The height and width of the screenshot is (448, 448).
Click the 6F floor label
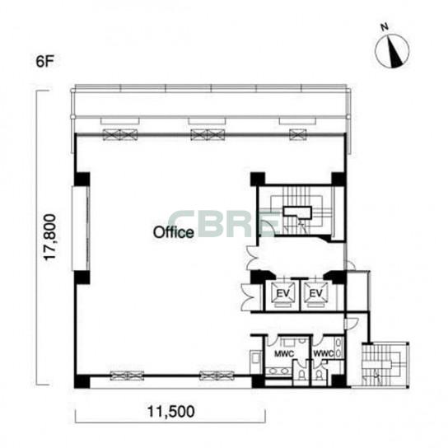44,61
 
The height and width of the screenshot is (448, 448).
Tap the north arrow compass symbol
392,51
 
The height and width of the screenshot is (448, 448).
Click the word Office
174,232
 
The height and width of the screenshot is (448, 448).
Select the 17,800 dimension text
49,237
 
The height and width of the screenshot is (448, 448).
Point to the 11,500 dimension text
170,412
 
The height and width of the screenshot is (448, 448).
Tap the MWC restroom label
284,354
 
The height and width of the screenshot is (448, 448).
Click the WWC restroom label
324,354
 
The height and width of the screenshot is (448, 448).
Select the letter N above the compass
385,27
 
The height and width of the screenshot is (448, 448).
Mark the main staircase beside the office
297,212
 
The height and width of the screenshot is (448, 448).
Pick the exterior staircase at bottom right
385,364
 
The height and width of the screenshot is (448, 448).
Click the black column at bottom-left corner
82,382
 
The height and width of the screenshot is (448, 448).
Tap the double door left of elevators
247,298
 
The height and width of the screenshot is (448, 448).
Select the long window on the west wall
81,228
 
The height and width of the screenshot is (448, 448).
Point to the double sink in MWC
278,371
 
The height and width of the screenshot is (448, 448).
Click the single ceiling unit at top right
298,134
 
